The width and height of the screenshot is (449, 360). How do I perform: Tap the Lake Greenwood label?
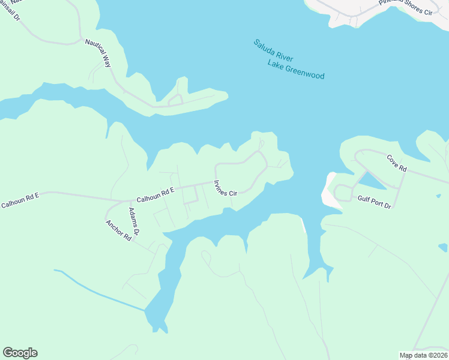tap(296, 70)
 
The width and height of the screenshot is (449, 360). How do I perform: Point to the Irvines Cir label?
tap(226, 188)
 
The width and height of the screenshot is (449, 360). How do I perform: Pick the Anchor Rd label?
tap(118, 230)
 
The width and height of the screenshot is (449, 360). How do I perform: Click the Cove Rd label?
tap(396, 163)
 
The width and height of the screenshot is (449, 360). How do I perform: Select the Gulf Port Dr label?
tap(374, 202)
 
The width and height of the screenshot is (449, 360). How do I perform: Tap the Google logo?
tap(20, 353)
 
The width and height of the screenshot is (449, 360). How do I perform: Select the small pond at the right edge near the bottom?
tap(443, 247)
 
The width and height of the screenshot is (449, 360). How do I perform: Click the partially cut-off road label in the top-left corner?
tap(11, 11)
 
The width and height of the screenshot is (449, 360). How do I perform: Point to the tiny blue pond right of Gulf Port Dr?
tap(439, 196)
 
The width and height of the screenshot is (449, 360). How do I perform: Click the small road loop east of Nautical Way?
tap(175, 100)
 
